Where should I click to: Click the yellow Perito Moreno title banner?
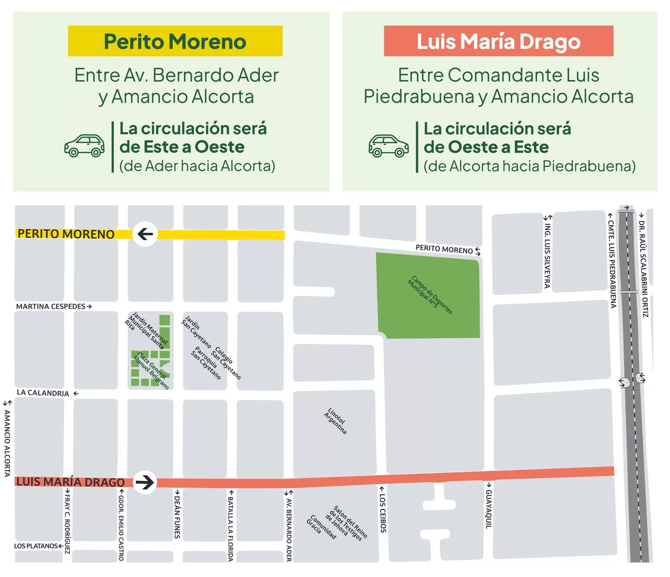(175, 41)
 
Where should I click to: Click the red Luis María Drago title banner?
(498, 41)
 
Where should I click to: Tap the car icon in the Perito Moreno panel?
(84, 146)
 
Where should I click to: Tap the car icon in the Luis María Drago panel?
(389, 146)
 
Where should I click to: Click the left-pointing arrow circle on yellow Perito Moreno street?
(145, 234)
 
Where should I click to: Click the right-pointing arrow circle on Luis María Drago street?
(145, 482)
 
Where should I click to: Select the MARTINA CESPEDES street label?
(51, 307)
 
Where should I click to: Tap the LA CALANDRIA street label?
(43, 393)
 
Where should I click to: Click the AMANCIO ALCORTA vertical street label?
(7, 443)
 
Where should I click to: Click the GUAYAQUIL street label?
(488, 509)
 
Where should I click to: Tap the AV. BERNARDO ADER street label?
(289, 528)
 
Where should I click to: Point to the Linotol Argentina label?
(335, 421)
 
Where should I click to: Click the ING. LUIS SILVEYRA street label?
(547, 255)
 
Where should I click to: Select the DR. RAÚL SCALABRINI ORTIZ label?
(644, 268)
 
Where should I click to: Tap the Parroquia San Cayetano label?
(205, 363)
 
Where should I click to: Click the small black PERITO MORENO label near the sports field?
(444, 249)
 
